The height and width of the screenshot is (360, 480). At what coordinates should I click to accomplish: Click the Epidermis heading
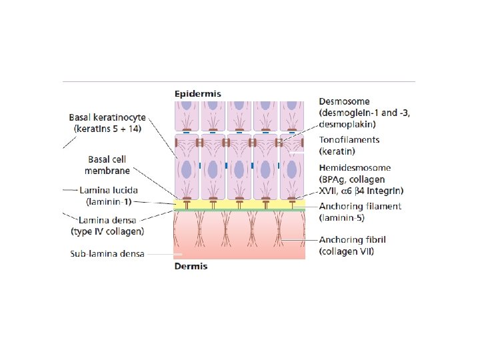(198, 94)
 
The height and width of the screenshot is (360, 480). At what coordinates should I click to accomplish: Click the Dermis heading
(191, 266)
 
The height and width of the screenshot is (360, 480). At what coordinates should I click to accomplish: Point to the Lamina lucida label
(109, 190)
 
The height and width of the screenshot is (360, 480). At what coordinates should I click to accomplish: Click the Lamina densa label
(108, 219)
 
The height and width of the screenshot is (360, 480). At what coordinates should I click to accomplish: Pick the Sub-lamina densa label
(107, 254)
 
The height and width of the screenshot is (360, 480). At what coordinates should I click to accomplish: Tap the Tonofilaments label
(349, 140)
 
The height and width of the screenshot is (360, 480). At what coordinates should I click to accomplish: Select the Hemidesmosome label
(355, 168)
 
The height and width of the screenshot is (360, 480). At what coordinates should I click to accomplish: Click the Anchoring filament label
(360, 206)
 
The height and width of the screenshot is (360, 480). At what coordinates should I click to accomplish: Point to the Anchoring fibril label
(352, 240)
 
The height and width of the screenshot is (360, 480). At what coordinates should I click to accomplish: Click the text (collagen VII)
(347, 251)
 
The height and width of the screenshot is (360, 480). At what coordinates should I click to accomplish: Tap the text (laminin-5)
(344, 217)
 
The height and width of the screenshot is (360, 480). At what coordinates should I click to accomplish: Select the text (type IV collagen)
(108, 231)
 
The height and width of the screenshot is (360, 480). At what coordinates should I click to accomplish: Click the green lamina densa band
(239, 209)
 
